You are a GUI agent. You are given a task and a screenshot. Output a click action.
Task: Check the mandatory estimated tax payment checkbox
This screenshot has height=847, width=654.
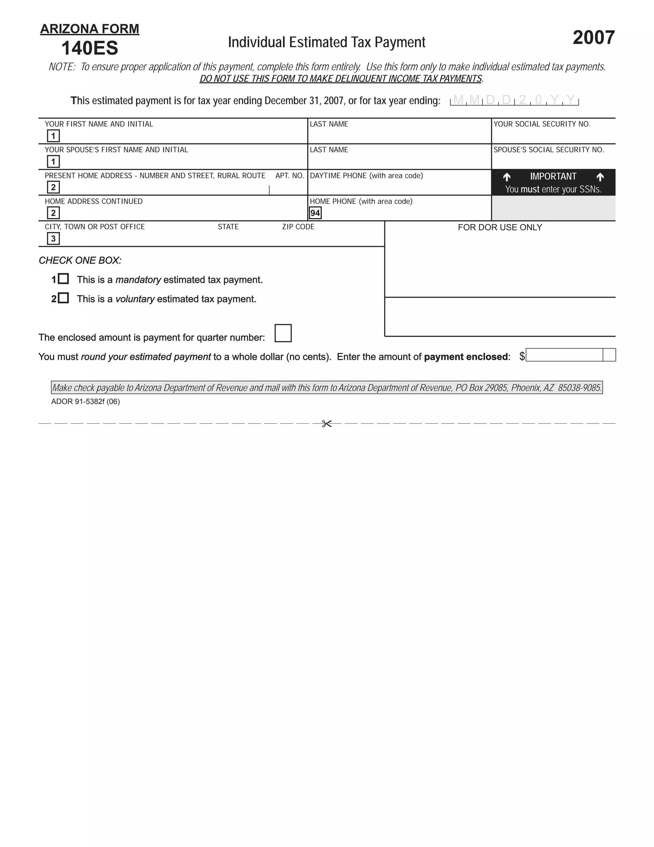pos(64,278)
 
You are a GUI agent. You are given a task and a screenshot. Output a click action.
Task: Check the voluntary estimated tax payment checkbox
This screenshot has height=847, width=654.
pos(64,298)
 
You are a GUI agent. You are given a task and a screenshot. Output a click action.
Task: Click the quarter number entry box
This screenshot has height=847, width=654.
pos(283,333)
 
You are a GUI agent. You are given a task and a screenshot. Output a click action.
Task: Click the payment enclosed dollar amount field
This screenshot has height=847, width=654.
pos(564,355)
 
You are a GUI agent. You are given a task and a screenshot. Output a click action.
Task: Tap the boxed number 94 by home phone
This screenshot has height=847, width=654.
pos(315,213)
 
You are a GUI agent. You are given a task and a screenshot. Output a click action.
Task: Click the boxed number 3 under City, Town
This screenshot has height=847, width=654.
pos(53,238)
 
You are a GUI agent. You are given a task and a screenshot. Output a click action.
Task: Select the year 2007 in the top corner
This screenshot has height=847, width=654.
pos(593,38)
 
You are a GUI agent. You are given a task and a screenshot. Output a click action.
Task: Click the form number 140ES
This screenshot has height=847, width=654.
pos(89,48)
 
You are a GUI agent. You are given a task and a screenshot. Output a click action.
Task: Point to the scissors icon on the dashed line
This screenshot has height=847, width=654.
pos(327,423)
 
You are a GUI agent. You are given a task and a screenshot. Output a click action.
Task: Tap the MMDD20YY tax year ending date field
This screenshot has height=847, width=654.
pos(514,100)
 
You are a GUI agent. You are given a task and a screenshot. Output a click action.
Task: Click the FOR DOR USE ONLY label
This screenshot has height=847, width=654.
pos(500,227)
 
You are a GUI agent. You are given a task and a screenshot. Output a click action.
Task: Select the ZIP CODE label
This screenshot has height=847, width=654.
pos(298,227)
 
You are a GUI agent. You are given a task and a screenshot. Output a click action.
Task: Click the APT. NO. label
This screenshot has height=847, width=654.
pos(290,176)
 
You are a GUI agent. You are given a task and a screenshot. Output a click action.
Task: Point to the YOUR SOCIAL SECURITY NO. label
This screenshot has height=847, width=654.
pos(542,124)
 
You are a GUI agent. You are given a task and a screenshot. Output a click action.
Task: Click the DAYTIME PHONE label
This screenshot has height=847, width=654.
pos(366,176)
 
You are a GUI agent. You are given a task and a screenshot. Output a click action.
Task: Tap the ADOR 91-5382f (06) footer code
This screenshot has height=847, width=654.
pos(85,402)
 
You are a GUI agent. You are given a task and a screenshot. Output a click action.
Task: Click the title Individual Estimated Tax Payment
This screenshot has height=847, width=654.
pos(326,42)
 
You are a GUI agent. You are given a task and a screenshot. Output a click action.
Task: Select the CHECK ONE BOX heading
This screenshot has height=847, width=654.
pos(80,260)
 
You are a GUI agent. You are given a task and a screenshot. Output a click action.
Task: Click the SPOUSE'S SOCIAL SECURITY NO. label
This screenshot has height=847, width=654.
pos(549,150)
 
